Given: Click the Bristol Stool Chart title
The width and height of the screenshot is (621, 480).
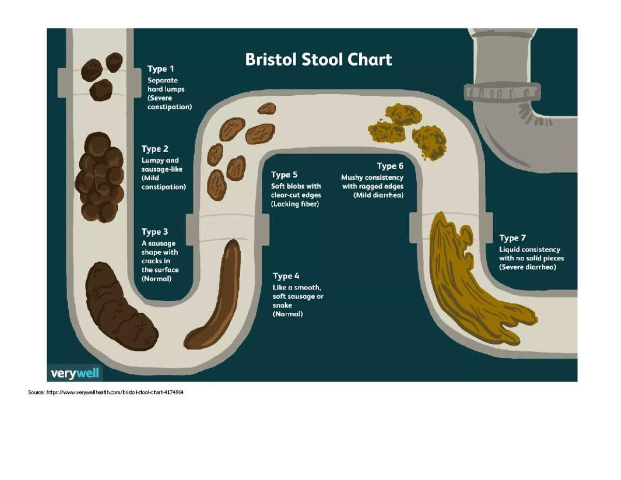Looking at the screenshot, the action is [318, 59].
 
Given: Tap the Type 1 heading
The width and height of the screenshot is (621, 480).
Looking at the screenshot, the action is [160, 69].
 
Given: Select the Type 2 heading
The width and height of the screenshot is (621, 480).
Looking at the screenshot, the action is [155, 149].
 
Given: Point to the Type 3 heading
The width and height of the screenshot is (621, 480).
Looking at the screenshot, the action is [155, 232].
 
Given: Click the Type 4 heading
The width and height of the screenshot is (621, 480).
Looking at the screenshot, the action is [286, 276].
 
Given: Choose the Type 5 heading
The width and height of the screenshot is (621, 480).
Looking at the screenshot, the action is [284, 174].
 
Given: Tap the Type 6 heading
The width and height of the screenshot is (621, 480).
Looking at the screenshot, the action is [390, 166].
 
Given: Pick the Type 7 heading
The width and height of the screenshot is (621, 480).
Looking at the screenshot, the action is [512, 238].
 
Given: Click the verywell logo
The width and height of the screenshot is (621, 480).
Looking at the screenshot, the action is [75, 373].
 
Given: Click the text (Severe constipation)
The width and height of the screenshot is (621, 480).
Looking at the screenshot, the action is [169, 103].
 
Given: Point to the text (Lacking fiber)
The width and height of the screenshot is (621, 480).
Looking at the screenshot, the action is [295, 204].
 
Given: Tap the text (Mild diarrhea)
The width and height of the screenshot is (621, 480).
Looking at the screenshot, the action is [378, 196].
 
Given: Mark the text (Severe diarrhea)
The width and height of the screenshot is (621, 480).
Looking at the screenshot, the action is [527, 267].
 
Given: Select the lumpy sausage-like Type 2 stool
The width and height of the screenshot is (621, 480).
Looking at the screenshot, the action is [99, 177].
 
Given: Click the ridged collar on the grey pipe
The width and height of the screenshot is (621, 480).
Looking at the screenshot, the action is [502, 92].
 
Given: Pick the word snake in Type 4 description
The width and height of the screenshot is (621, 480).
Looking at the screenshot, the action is [282, 306].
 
